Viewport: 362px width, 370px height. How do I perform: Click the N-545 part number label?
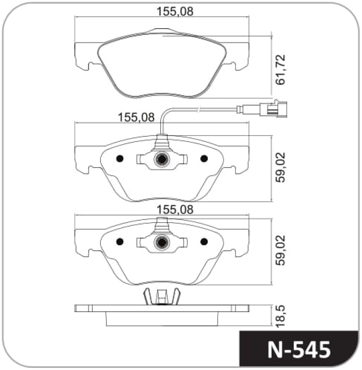click(x=299, y=350)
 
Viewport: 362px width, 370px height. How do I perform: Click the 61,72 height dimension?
click(x=281, y=70)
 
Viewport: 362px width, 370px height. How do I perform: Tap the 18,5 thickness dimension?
click(x=281, y=316)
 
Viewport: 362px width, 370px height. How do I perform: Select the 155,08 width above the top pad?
click(x=175, y=11)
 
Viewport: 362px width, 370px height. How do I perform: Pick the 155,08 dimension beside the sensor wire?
click(x=136, y=117)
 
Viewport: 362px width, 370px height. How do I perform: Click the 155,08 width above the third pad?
click(x=175, y=209)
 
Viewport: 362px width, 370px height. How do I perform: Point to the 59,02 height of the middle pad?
click(x=281, y=167)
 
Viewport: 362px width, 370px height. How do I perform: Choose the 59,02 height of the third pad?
click(x=281, y=250)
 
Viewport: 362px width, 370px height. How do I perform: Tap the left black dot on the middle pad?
click(x=120, y=159)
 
